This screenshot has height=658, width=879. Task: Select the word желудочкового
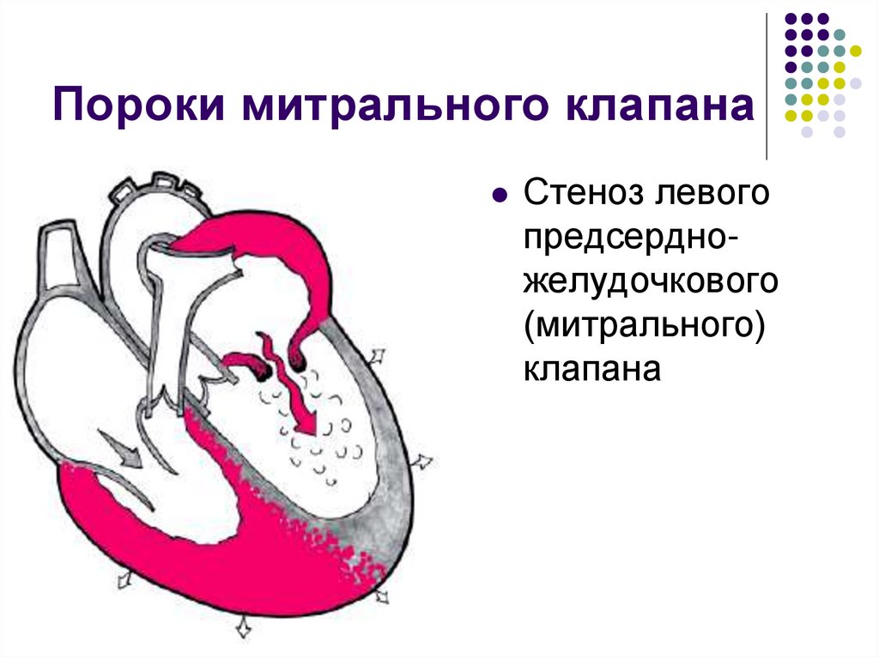pyautogui.click(x=650, y=283)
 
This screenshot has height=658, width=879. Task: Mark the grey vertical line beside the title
pyautogui.click(x=767, y=86)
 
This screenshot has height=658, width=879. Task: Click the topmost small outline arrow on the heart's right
pyautogui.click(x=376, y=355)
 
